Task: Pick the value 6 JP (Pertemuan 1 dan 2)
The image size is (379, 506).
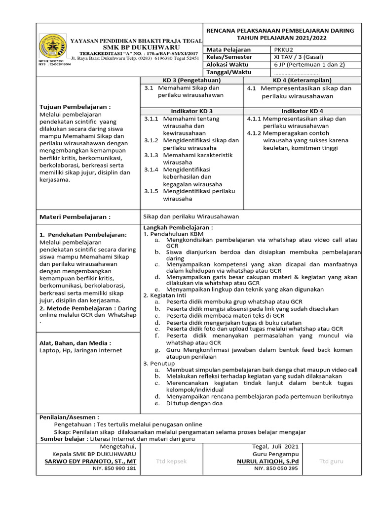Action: (309, 65)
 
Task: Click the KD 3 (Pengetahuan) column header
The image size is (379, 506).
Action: (192, 80)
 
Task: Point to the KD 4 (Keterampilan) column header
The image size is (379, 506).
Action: (302, 80)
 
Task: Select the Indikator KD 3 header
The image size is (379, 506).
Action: (192, 111)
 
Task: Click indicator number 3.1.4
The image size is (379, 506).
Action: (151, 169)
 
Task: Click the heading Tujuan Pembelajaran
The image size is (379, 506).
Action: (75, 107)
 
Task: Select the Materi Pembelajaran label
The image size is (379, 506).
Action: (75, 216)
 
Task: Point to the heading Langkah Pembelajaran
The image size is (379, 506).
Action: (178, 227)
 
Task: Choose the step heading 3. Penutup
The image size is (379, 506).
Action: (159, 363)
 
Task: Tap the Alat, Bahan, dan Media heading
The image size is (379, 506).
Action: (75, 343)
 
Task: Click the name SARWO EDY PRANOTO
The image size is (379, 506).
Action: (90, 462)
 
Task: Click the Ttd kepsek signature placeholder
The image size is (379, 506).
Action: (171, 462)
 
